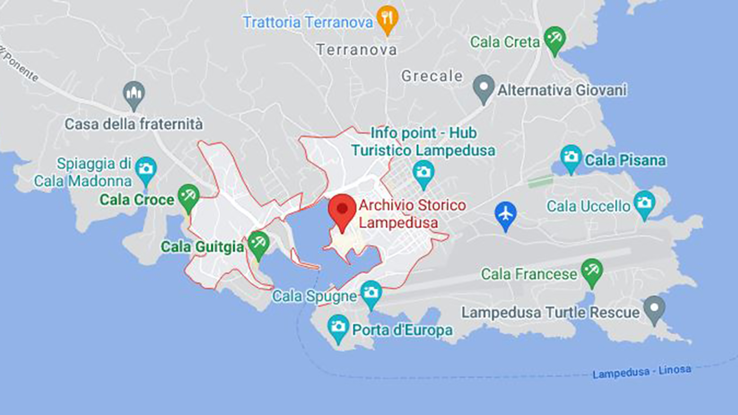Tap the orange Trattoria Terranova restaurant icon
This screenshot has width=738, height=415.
387,18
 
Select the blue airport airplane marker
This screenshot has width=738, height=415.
505,214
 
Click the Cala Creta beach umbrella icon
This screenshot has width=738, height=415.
555,38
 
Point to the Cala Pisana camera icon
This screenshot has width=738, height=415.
571,157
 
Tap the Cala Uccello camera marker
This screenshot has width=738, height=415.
644,203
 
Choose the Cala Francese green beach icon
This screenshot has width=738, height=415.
592,271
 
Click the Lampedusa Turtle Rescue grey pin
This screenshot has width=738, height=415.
654,308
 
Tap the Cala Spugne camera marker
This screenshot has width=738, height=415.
371,293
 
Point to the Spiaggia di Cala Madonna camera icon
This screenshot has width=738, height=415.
146,169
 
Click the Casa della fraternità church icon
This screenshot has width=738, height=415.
134,93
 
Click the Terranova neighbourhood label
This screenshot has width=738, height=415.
357,50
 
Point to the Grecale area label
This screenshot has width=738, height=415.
432,76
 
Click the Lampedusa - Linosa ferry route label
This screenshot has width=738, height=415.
641,371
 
